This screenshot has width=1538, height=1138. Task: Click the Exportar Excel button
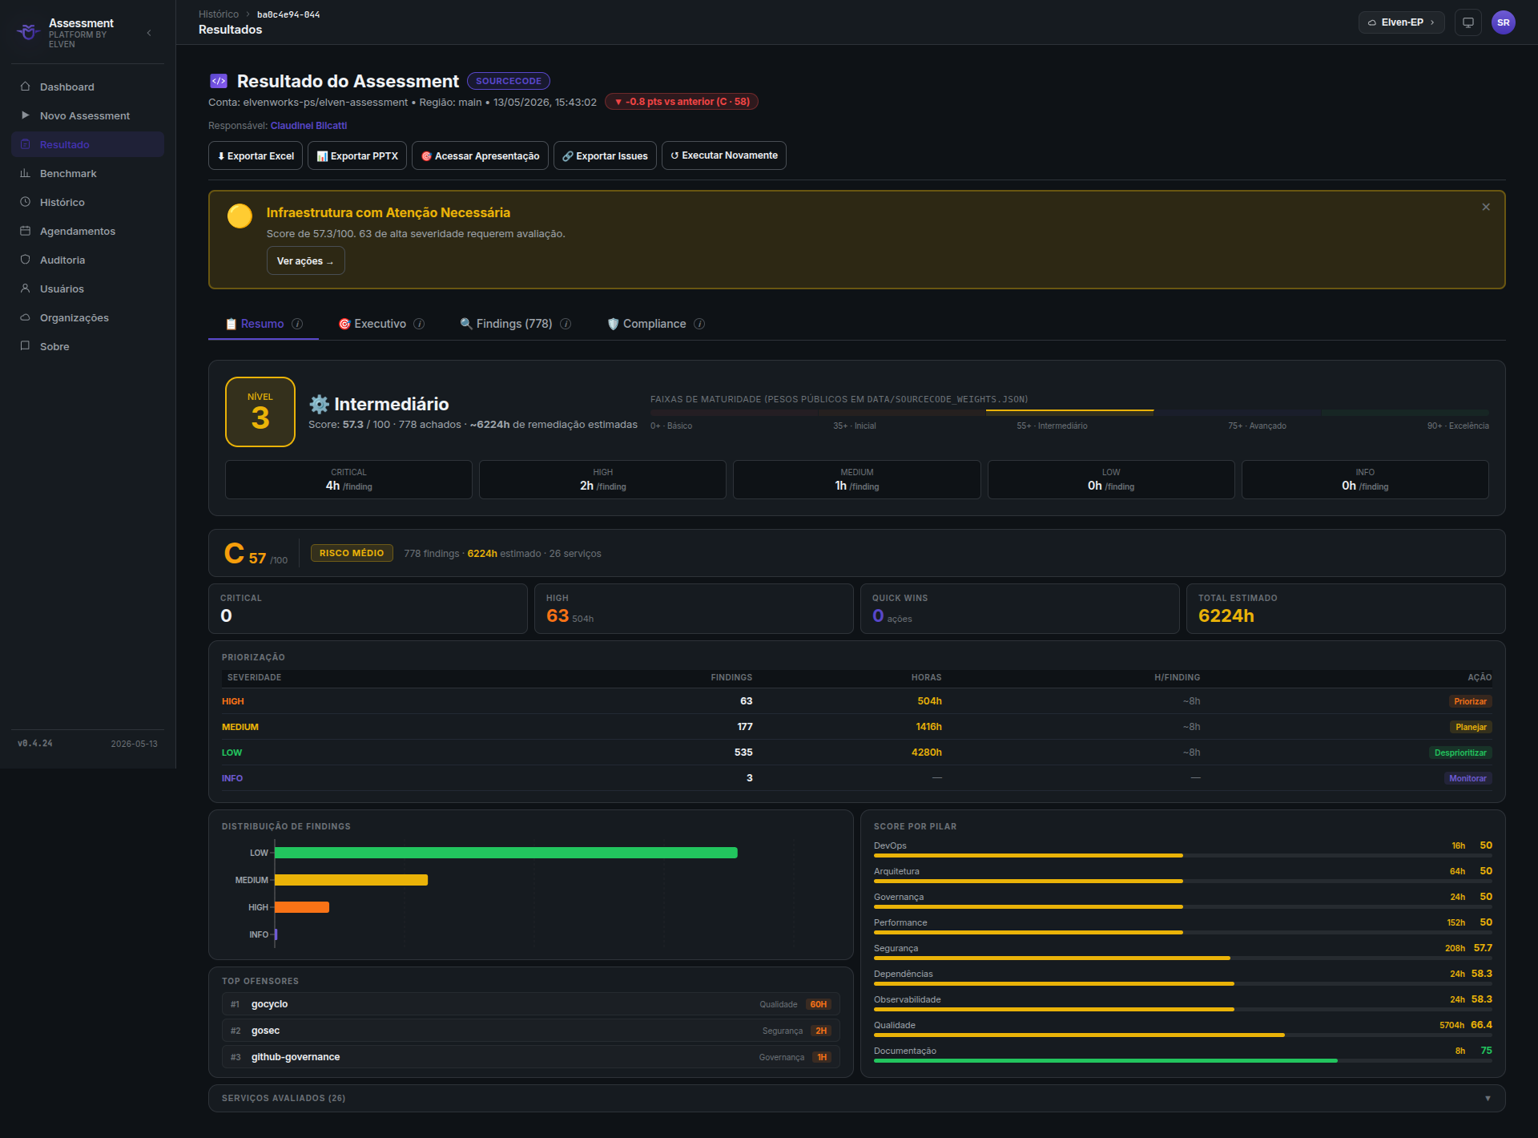click(x=256, y=155)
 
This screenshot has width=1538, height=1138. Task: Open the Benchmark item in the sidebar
click(x=68, y=173)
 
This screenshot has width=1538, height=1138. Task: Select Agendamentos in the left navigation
click(x=78, y=231)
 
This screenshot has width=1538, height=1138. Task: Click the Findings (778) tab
click(x=514, y=324)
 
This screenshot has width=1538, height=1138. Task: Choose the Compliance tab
click(x=654, y=324)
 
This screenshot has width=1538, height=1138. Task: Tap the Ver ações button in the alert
click(x=305, y=260)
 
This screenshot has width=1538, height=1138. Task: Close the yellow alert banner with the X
click(x=1486, y=207)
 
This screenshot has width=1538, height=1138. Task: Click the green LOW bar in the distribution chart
click(x=506, y=853)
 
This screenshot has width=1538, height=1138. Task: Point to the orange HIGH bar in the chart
click(x=302, y=907)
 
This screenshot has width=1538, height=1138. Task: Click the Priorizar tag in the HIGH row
click(x=1470, y=701)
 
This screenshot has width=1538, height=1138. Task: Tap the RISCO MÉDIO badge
click(x=352, y=553)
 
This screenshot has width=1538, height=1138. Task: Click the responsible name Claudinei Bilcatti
click(x=308, y=126)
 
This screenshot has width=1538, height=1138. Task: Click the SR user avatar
click(x=1503, y=22)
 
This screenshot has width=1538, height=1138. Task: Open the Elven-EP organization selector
click(x=1401, y=22)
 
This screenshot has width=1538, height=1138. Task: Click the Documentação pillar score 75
click(x=1486, y=1051)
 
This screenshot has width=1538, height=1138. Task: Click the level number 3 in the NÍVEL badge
click(x=260, y=418)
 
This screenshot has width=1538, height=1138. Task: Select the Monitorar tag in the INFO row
click(x=1468, y=778)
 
